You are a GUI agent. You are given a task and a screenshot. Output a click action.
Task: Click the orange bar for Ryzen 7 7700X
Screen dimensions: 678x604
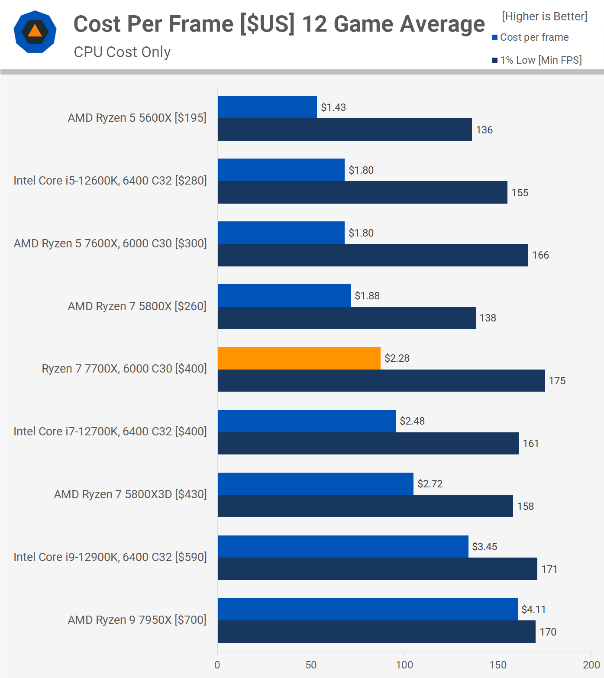(299, 358)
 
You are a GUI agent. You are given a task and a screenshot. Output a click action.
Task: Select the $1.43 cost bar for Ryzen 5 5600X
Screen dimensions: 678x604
(267, 107)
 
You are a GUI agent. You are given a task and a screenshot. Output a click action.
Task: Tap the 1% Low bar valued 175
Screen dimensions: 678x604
(381, 381)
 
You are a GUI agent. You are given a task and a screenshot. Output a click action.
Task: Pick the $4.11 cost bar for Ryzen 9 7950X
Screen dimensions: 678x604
(368, 609)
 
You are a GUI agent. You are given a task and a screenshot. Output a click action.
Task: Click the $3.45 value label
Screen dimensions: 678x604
(484, 547)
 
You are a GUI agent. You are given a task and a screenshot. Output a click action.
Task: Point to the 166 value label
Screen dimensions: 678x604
(540, 255)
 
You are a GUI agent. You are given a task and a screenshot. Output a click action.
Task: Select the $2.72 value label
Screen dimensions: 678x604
(430, 484)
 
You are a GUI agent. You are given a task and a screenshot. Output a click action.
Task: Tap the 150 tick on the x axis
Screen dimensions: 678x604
(498, 665)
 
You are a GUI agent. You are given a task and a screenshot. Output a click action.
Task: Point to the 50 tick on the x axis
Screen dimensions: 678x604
(311, 665)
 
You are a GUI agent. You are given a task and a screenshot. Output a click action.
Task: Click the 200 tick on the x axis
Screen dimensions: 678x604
(591, 665)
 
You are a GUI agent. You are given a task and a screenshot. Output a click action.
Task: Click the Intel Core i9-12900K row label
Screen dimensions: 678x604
(110, 557)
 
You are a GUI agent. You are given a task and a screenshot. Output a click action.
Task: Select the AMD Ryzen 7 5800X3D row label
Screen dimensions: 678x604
(130, 494)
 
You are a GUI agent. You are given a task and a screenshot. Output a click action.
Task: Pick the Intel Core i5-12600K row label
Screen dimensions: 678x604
(110, 181)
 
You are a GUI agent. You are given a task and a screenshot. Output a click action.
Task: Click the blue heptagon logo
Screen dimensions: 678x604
(35, 32)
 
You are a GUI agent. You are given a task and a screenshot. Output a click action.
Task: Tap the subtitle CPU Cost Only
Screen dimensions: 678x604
(122, 52)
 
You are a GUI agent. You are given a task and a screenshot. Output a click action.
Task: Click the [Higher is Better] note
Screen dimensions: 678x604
(544, 16)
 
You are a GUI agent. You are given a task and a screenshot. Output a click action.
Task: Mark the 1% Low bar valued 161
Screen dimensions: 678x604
(368, 444)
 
